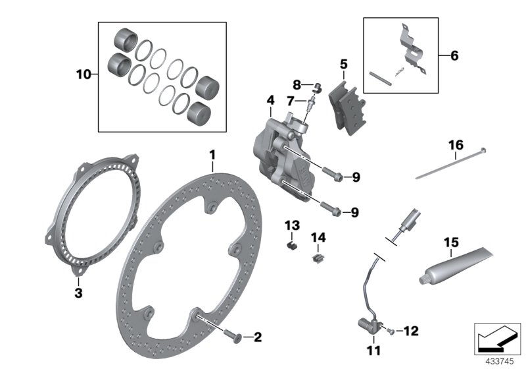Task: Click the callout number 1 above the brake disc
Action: [x=212, y=154]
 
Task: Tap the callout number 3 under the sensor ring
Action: [x=78, y=292]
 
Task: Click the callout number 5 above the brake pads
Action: [x=343, y=64]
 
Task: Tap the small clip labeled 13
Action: [x=293, y=244]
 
